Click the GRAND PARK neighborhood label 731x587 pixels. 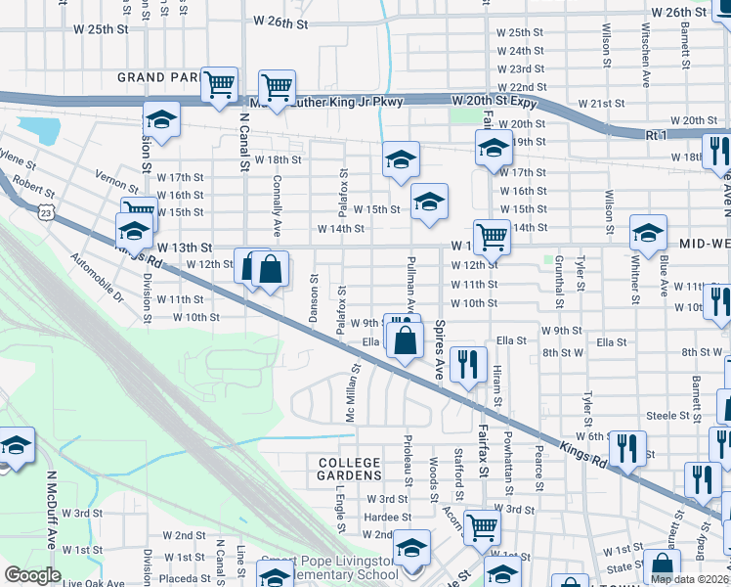coord(157,76)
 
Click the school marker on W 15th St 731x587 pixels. coord(429,203)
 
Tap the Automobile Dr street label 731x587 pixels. coord(98,278)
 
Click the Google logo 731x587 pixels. coord(32,575)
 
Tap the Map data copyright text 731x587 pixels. coord(688,579)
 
